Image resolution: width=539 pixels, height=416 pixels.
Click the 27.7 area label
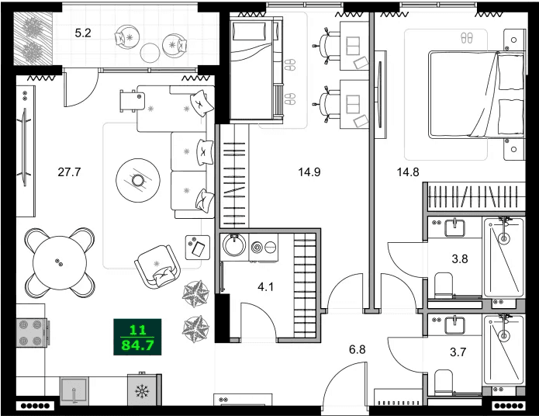coord(69,172)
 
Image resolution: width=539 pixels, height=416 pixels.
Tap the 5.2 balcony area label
coord(83,33)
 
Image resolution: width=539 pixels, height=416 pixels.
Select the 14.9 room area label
coord(309,172)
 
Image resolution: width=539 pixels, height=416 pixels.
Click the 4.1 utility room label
coord(266,286)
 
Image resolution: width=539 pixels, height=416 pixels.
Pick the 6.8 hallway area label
coord(357,350)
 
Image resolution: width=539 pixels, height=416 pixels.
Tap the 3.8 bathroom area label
coord(459,260)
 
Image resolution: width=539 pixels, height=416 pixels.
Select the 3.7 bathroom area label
coord(459,352)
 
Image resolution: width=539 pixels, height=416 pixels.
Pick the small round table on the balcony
coord(149,53)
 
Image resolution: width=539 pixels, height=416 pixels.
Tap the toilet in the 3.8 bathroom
coord(444,285)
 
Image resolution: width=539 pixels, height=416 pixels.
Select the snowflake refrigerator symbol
coord(142,391)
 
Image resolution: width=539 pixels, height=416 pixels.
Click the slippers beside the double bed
coord(466,36)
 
